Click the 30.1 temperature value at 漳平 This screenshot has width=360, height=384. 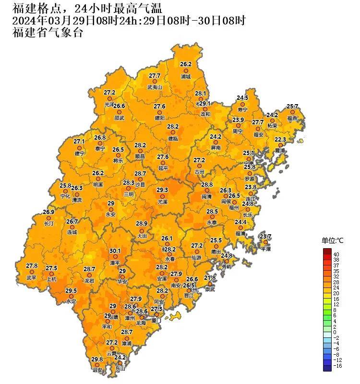[115, 251]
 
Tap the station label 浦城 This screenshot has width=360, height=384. [186, 76]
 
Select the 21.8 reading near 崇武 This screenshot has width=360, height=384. [210, 278]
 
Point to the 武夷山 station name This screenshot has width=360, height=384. [155, 88]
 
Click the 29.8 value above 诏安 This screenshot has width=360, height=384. [97, 360]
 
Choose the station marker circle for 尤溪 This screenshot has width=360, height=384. [162, 196]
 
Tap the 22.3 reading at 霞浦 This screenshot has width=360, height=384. [280, 140]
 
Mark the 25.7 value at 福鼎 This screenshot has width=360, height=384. [292, 107]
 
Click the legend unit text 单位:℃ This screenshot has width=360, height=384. [333, 240]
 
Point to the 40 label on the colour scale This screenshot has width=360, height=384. [336, 254]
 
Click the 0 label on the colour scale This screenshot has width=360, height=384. [335, 332]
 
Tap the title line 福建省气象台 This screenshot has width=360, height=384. [48, 33]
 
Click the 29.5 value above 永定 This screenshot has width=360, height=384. [71, 291]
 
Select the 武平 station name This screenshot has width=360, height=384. [31, 277]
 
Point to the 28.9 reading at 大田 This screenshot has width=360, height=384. [142, 224]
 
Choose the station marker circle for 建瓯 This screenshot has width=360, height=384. [173, 132]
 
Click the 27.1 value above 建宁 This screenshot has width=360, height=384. [79, 142]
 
